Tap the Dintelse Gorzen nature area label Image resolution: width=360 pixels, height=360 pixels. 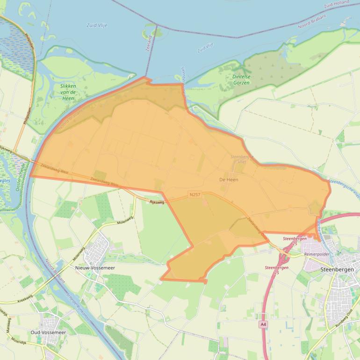pos(241,79)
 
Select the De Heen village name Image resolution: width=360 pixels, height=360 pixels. pos(229,180)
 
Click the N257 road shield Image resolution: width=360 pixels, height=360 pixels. pos(195,194)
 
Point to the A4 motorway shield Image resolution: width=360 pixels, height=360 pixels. pos(263,324)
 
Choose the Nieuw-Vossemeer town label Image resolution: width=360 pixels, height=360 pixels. pos(95,268)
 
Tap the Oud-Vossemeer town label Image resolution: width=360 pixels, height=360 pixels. pos(48,332)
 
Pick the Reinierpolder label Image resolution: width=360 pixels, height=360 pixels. pos(317,254)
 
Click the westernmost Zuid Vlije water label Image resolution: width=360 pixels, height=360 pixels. pos(97,25)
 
